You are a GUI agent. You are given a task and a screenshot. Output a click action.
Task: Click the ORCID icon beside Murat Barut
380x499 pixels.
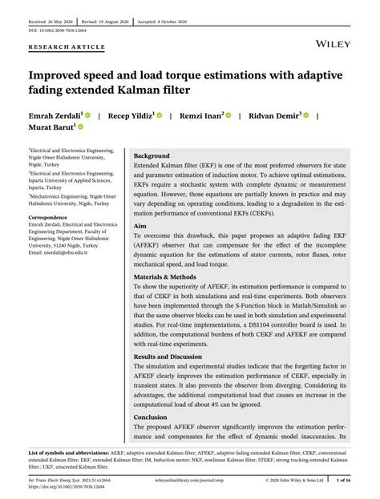point(80,127)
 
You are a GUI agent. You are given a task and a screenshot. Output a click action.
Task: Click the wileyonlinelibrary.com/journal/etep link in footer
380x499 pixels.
point(191,481)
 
